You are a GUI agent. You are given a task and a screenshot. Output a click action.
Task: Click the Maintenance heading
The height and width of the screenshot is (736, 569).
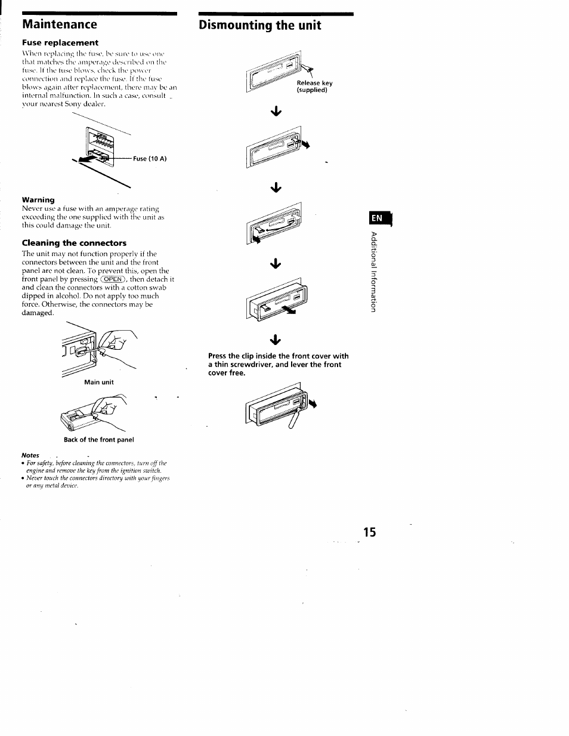coord(60,24)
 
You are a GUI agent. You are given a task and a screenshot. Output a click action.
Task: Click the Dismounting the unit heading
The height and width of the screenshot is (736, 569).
coord(260,25)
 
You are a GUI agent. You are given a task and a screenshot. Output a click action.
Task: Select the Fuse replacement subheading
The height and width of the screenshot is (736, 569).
coord(60,43)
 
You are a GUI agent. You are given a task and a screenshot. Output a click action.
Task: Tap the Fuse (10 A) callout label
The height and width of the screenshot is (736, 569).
coord(150,159)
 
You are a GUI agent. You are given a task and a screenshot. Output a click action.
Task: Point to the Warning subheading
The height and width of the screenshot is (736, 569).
coord(38,199)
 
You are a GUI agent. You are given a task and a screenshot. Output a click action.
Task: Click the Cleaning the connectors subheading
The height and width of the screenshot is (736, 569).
coord(74,243)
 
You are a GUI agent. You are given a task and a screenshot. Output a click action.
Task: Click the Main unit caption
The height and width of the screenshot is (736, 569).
coord(98,382)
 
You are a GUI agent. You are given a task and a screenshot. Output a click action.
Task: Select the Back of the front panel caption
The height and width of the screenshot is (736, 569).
coord(99,440)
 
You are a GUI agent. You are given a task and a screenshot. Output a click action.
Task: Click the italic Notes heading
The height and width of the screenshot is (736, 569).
coord(30,455)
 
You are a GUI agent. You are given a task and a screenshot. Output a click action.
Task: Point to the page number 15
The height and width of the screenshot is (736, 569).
coord(369,532)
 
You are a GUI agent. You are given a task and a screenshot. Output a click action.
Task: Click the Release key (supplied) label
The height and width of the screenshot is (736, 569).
coord(314,87)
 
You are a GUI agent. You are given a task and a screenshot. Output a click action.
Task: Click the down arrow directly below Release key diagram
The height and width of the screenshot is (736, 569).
coord(276,111)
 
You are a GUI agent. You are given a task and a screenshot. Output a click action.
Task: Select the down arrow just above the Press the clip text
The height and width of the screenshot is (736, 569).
coord(276,340)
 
